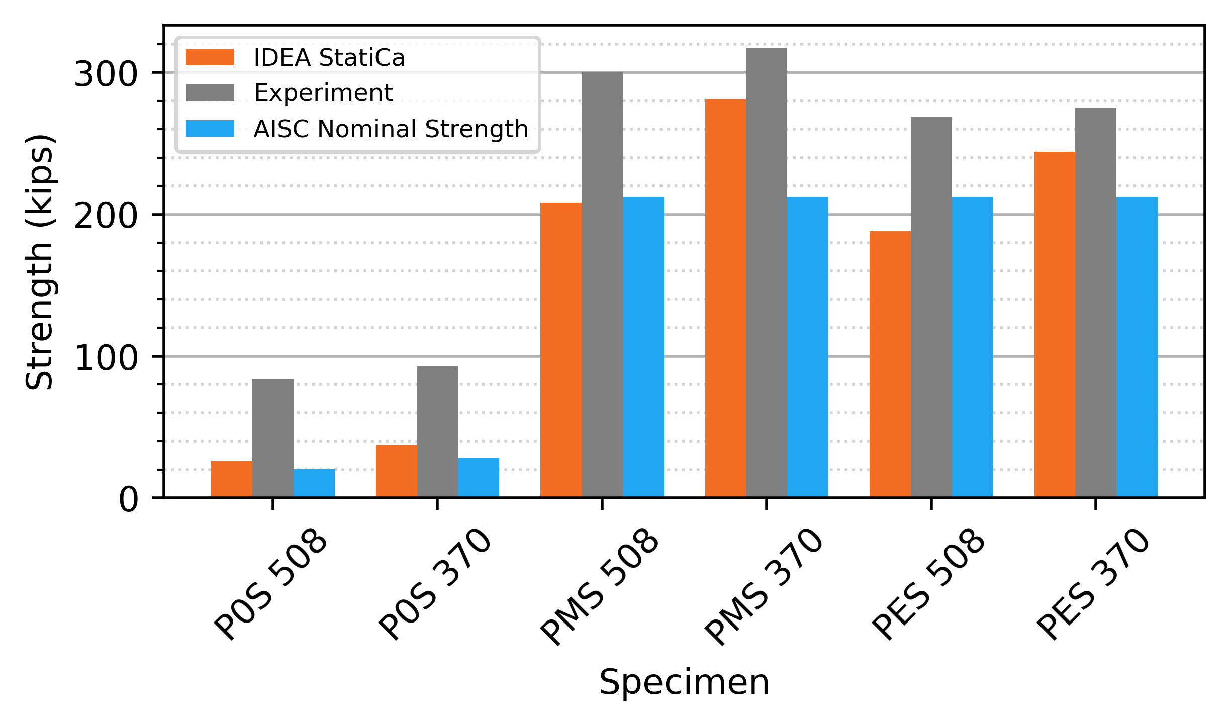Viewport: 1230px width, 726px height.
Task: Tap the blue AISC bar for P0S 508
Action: point(314,483)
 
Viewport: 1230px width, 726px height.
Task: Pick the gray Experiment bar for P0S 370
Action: point(437,432)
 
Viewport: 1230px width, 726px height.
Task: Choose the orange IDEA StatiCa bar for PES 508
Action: point(890,364)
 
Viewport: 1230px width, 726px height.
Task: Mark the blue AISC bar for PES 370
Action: point(1137,347)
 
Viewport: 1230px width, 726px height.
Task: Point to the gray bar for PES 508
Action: point(931,307)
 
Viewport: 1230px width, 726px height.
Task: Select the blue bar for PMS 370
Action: point(807,347)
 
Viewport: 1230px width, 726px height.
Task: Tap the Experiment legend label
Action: point(323,93)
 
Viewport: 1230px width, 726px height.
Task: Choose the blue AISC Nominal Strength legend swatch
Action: point(210,129)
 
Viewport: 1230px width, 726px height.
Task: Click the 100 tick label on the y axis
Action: point(106,359)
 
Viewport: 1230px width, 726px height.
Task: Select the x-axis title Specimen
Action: point(684,683)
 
